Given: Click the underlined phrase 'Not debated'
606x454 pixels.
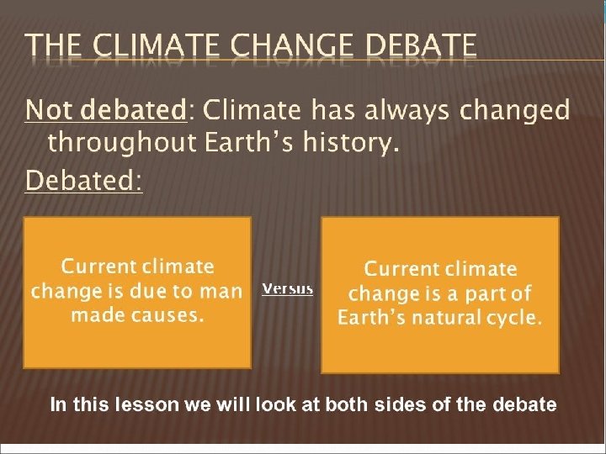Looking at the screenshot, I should coord(104,110).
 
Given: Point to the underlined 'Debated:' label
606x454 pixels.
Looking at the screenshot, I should coord(84,180).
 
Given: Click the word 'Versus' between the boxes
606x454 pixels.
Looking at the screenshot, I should coord(287,288).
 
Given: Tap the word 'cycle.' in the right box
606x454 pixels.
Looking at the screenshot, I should coord(516,318).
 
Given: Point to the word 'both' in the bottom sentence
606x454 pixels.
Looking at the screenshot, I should coord(348,405).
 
